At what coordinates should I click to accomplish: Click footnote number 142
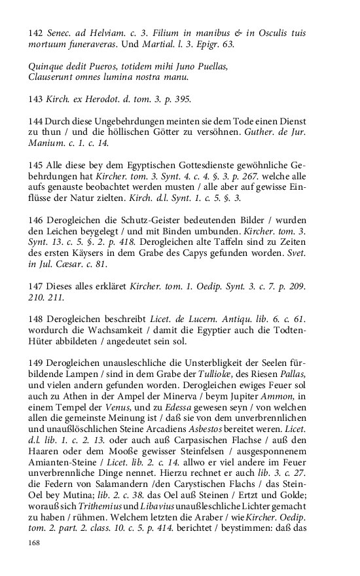[36, 33]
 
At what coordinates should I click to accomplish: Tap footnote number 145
[36, 166]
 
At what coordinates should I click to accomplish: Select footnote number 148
[36, 319]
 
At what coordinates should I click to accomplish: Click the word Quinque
[48, 67]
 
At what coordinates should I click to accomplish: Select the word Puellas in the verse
[207, 67]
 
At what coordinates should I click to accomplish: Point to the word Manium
[48, 143]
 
